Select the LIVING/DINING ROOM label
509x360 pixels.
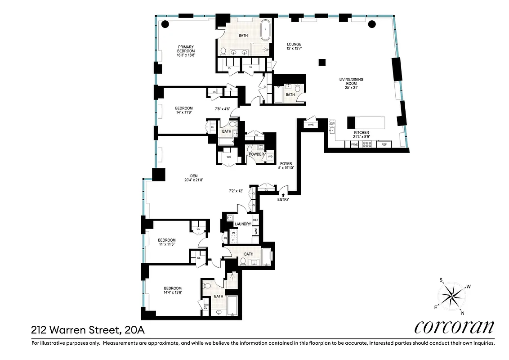(x=351, y=82)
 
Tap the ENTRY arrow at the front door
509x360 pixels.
(x=283, y=194)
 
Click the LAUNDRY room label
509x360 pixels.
(x=242, y=224)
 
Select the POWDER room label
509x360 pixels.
(x=256, y=154)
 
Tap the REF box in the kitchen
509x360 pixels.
(x=384, y=144)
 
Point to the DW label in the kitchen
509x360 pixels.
(x=333, y=123)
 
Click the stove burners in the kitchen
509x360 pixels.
(x=367, y=144)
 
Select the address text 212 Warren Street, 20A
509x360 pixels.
(x=88, y=330)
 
